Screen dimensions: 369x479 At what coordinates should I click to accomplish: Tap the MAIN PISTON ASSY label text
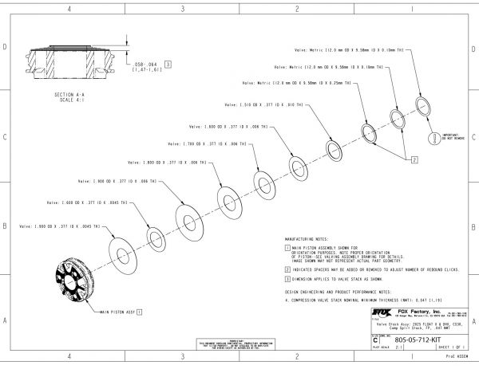(117, 312)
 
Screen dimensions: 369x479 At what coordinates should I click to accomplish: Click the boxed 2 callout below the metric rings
(414, 159)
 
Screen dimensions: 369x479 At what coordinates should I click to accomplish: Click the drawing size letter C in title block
(376, 340)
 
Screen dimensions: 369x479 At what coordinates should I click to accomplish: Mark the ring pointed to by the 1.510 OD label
(331, 148)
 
